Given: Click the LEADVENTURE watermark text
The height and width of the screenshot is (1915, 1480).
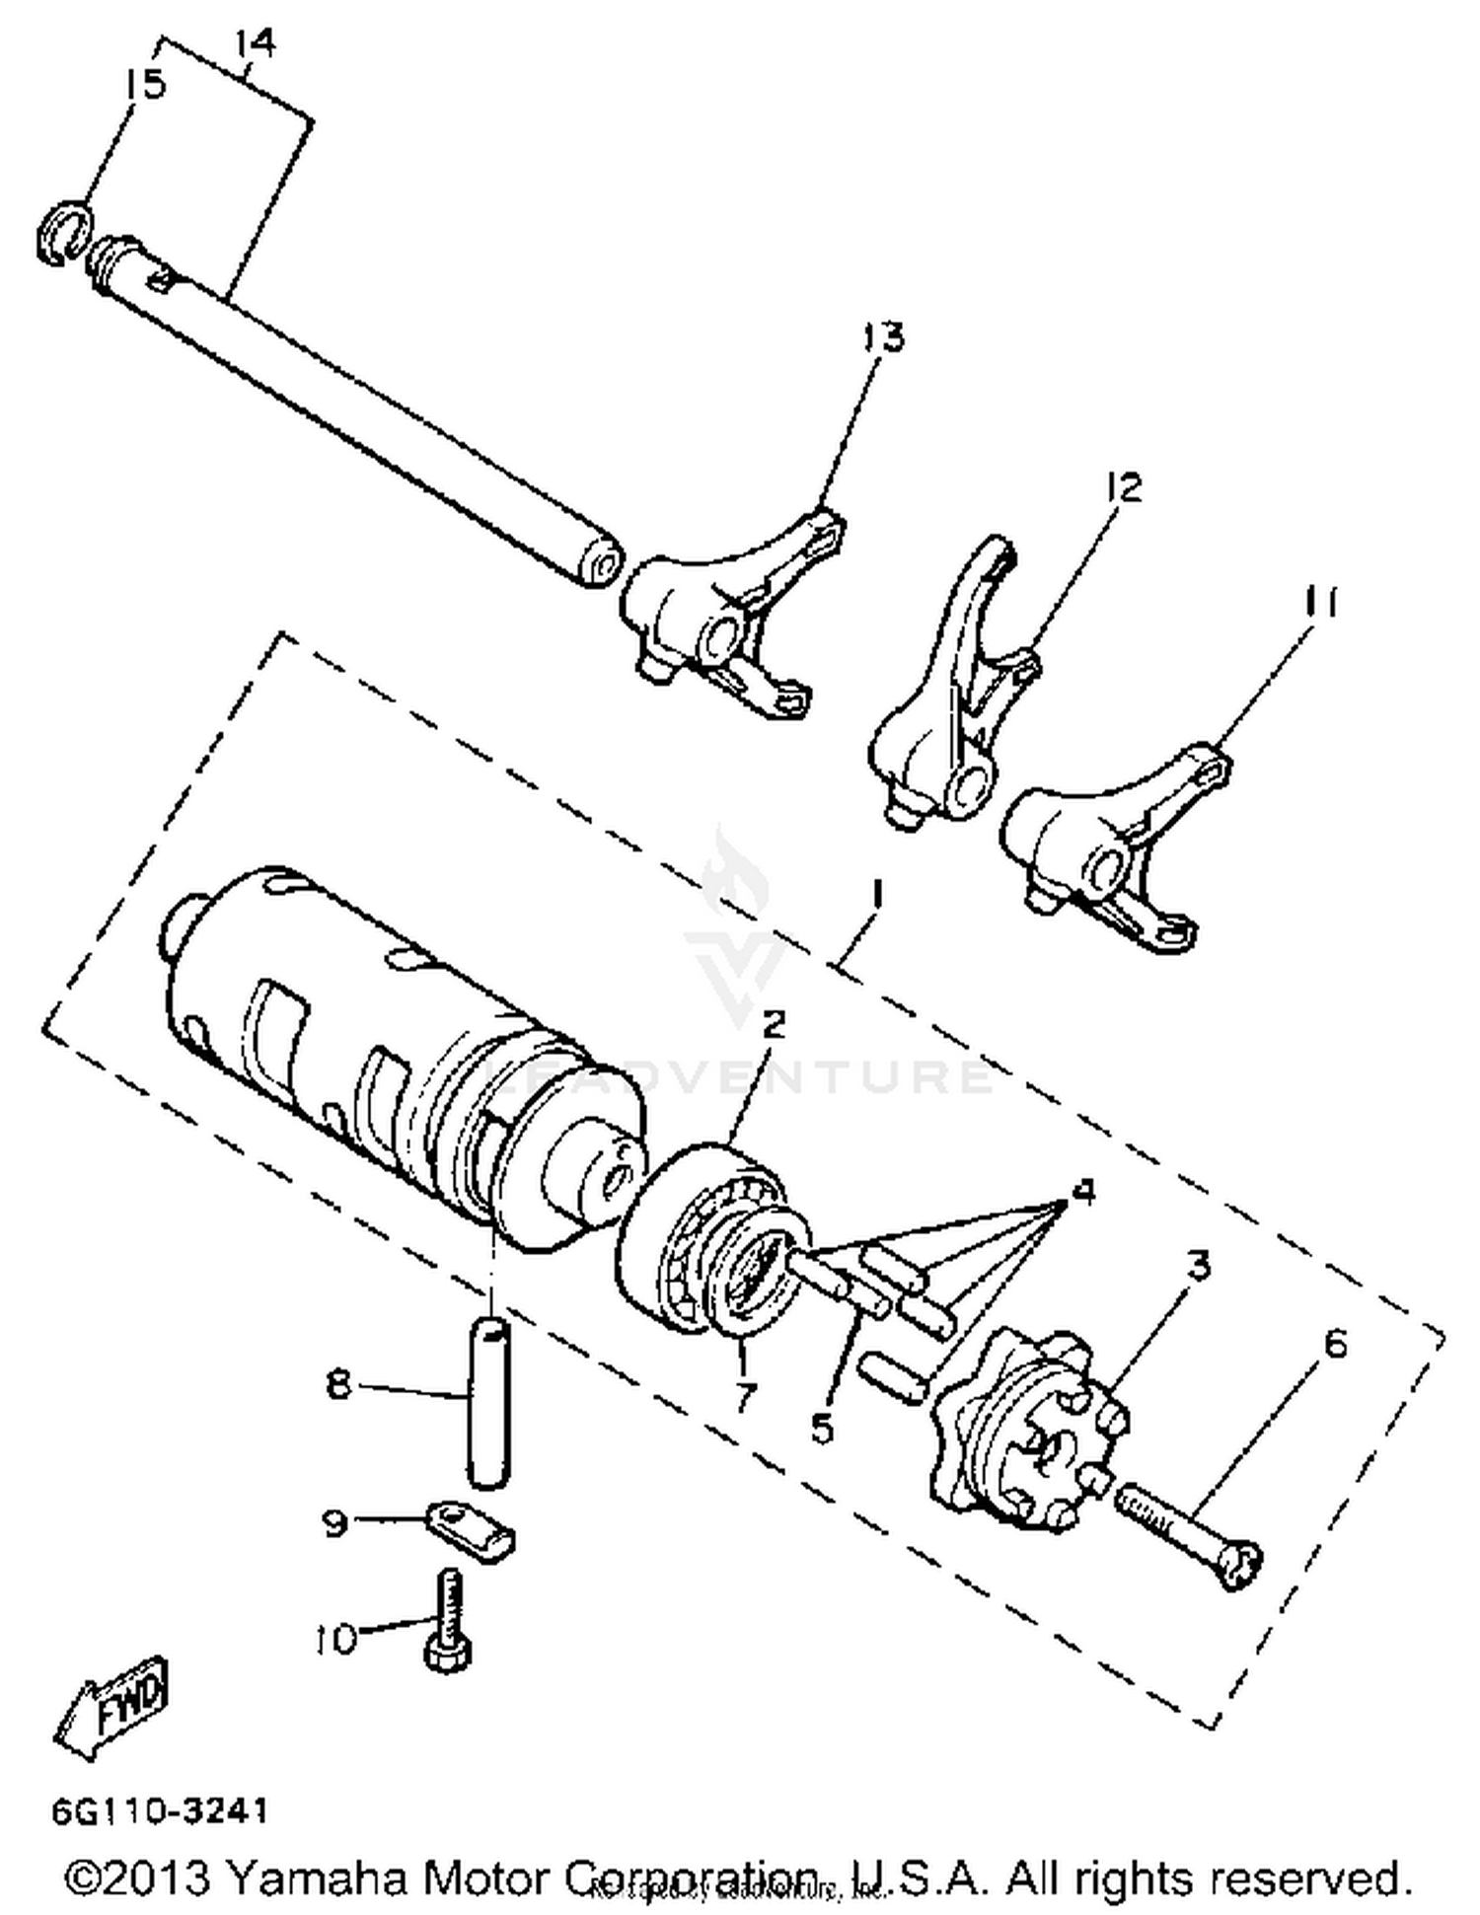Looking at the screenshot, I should [x=740, y=1076].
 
